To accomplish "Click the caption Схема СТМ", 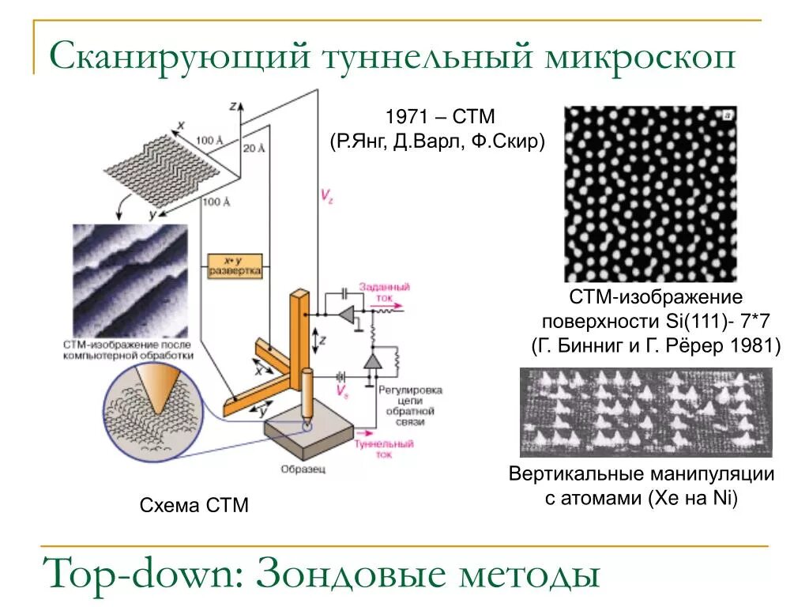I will (194, 505).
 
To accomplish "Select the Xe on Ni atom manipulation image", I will (645, 412).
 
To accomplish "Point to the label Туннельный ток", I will (384, 449).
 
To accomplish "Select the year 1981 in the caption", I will (756, 346).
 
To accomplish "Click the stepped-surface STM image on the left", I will (131, 281).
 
